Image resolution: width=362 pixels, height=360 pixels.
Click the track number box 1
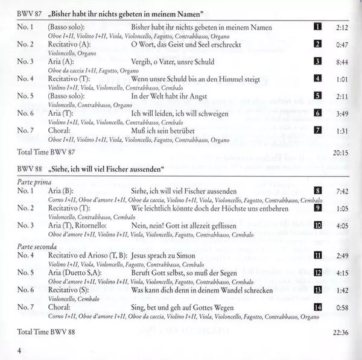pos(317,27)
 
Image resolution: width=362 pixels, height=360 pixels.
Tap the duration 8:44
pos(343,62)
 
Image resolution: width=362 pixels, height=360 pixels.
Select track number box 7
pos(317,130)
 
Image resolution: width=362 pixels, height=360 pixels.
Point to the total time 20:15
pos(341,153)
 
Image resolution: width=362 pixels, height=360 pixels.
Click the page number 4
pos(20,352)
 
